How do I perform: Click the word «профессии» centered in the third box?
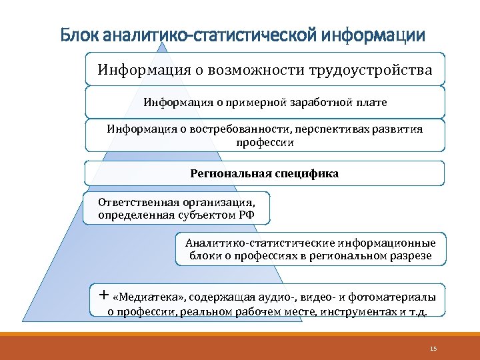pyautogui.click(x=265, y=142)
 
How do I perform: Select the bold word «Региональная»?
pyautogui.click(x=230, y=173)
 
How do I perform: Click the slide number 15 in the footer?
pyautogui.click(x=433, y=348)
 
